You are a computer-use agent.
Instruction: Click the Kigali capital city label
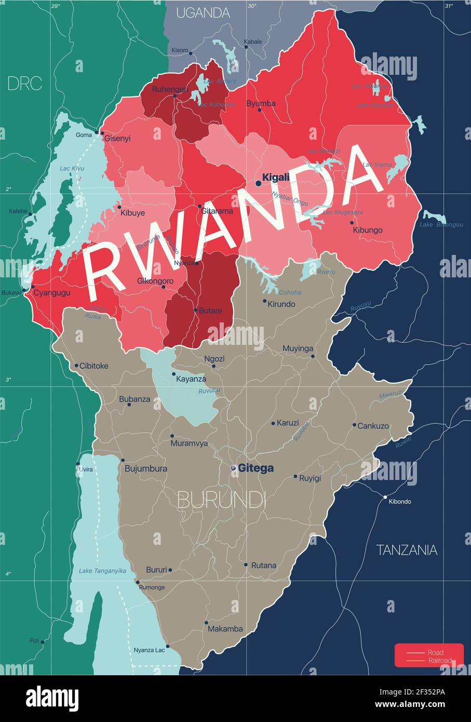pos(276,178)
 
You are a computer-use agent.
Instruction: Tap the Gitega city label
pos(255,469)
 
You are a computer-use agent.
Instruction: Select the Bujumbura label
pos(146,469)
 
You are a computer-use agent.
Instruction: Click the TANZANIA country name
pos(407,550)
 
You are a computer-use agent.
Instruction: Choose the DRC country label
pos(24,84)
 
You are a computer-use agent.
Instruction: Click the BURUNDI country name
pos(222,500)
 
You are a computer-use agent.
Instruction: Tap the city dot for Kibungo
pos(352,222)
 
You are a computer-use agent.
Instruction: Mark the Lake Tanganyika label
pos(102,571)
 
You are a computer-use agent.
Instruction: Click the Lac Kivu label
pos(72,168)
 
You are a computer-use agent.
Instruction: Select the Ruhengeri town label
pos(170,89)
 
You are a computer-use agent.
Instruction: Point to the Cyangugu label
pos(52,293)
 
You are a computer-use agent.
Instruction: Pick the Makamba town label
pos(225,629)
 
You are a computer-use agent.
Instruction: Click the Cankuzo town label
pos(373,426)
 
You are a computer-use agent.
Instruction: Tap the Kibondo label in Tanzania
pos(400,502)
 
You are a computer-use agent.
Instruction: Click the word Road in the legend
pos(435,652)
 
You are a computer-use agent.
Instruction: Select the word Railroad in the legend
pos(439,661)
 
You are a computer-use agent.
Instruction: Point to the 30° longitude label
pos(252,6)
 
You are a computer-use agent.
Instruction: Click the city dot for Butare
pos(196,311)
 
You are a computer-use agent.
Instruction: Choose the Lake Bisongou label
pos(441,225)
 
